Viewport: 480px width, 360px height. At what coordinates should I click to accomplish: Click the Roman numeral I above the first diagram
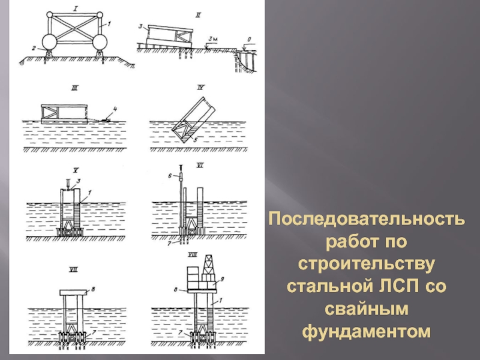[76, 8]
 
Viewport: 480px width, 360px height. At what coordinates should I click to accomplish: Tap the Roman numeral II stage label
[198, 15]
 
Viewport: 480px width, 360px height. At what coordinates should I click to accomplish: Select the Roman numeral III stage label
[74, 88]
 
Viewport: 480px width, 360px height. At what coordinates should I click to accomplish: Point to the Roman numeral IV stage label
[200, 88]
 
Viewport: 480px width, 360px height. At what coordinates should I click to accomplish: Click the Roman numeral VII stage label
[73, 269]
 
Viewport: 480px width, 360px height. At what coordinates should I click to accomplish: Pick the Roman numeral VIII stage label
[192, 254]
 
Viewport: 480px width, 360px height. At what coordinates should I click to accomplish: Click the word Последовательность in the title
[367, 219]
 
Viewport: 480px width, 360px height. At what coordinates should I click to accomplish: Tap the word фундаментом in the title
[367, 331]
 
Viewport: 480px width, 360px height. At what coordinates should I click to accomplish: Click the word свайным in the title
[367, 308]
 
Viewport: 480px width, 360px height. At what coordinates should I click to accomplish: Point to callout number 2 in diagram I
[34, 48]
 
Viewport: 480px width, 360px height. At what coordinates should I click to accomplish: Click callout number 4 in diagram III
[115, 109]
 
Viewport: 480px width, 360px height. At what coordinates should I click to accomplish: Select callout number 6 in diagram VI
[170, 176]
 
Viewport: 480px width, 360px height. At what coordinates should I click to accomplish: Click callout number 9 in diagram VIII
[223, 279]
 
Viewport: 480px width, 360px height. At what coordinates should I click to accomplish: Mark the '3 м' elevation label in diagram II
[213, 39]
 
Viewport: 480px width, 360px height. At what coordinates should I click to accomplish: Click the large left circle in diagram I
[49, 42]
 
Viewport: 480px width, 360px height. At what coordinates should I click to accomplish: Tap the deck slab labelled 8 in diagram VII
[73, 293]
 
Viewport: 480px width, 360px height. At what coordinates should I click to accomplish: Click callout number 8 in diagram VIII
[176, 289]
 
